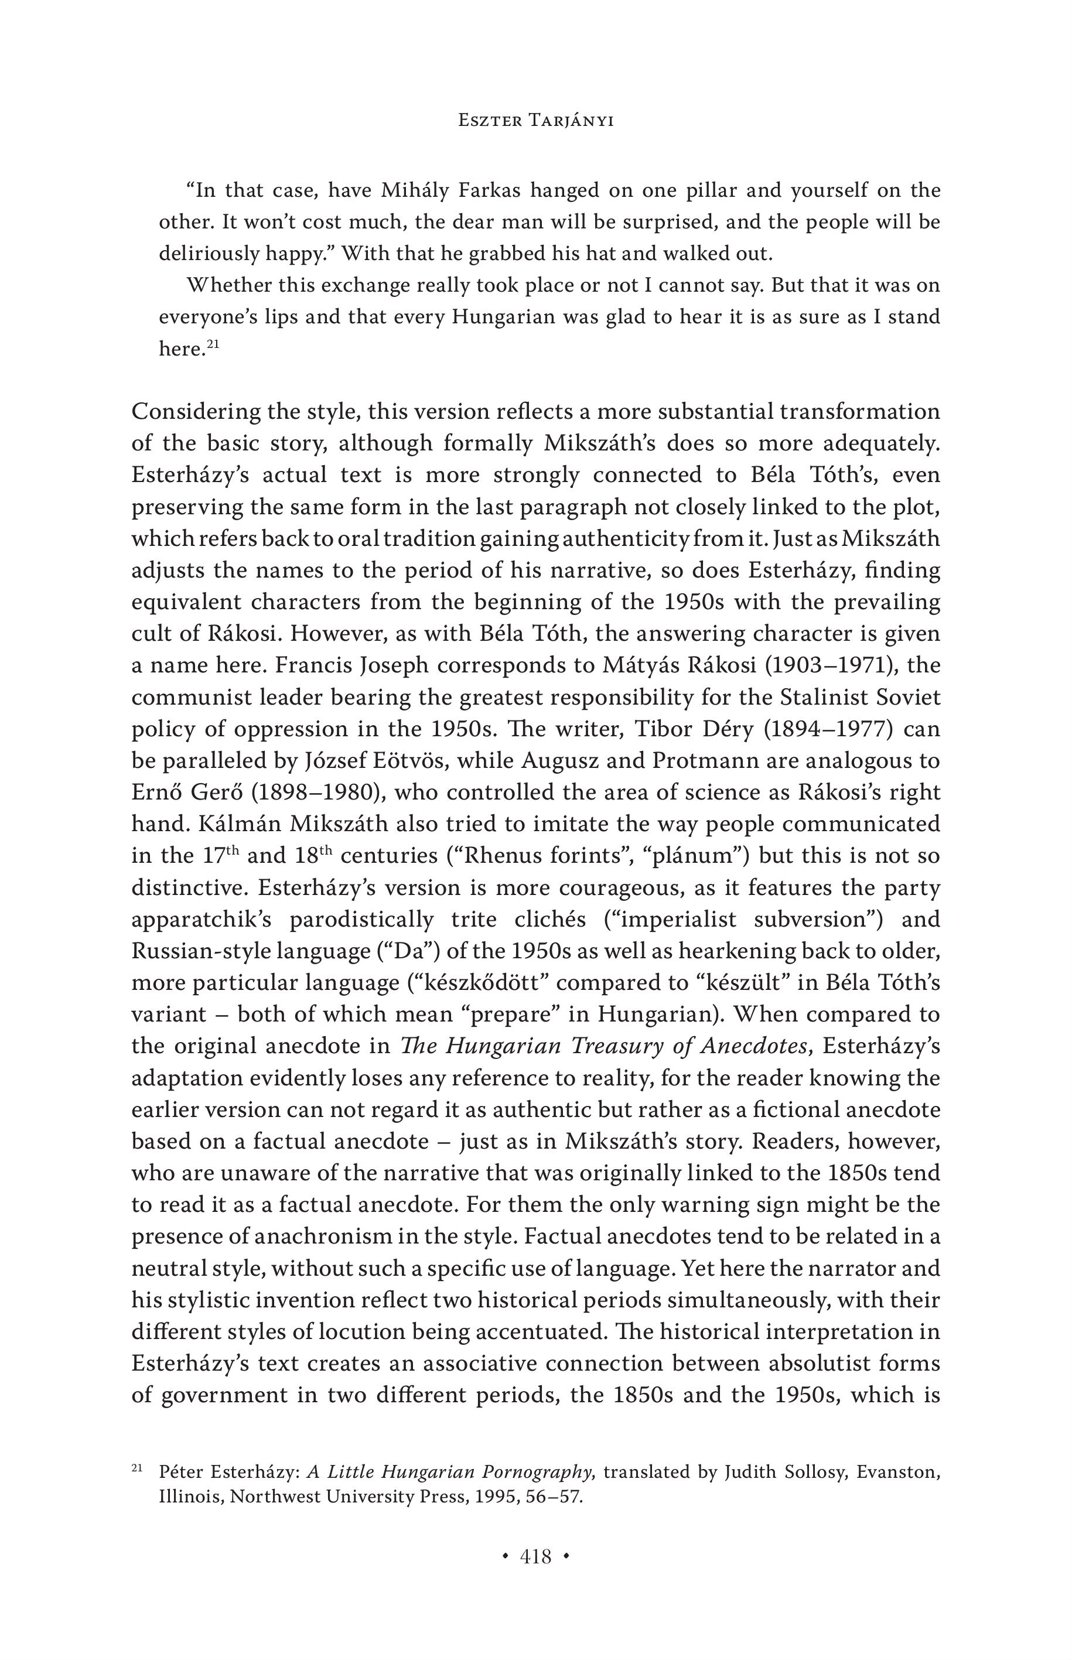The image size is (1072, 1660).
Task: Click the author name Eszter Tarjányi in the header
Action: (535, 121)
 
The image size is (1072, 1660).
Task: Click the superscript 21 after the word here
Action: (213, 343)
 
